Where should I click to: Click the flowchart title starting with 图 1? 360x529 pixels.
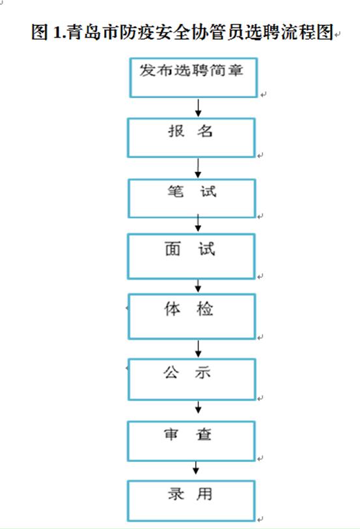coord(182,32)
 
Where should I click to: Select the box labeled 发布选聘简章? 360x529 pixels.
coord(193,77)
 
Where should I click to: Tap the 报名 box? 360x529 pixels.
coord(191,138)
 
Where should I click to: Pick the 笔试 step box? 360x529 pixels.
coord(191,198)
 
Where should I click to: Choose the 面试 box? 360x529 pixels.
coord(191,256)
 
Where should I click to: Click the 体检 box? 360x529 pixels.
coord(191,316)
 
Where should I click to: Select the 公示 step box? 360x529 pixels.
coord(191,379)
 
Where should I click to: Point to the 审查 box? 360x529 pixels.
coord(191,441)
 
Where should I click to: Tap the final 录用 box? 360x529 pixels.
coord(191,501)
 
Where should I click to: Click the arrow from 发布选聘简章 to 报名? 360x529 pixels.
coord(199,108)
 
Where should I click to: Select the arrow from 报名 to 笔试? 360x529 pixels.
coord(198,168)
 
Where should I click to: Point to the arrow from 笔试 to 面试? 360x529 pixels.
coord(198,223)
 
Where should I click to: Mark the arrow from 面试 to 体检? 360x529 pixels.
coord(198,286)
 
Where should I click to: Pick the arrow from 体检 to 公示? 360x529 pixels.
coord(198,349)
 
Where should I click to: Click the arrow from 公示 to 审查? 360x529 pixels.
coord(198,407)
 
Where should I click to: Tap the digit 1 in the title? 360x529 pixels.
coord(57,33)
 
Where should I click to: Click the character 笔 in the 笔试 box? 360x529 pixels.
coord(176,191)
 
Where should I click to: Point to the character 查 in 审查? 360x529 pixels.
coord(204,434)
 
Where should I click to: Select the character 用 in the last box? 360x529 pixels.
coord(204,495)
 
